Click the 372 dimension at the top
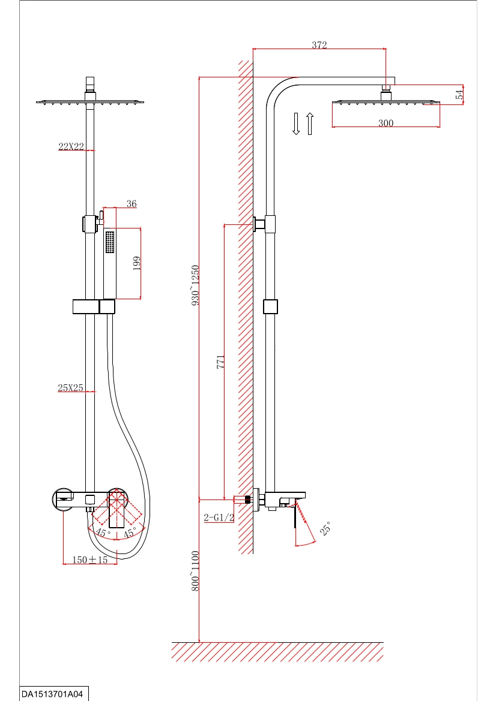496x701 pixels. click(319, 45)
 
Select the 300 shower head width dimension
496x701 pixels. click(386, 123)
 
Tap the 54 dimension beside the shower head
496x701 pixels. click(459, 95)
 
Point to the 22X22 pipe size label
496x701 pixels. click(71, 146)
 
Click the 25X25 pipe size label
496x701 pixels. click(70, 388)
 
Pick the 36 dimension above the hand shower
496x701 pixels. click(132, 204)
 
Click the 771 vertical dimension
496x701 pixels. click(220, 362)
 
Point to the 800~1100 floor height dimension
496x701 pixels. click(195, 571)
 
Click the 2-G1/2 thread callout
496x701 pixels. click(219, 518)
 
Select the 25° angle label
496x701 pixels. click(325, 528)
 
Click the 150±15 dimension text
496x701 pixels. click(90, 559)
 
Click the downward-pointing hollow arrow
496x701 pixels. click(296, 123)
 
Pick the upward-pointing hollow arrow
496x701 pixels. click(310, 123)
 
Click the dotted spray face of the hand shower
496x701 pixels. click(110, 242)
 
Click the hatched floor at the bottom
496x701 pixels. click(277, 651)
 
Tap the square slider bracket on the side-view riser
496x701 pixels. click(271, 307)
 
